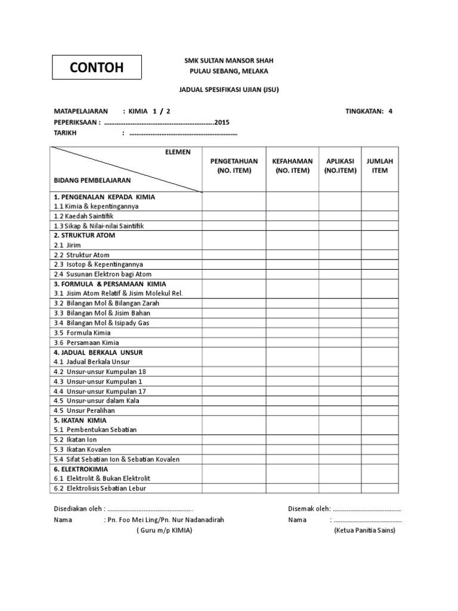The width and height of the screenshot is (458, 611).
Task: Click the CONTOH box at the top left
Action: click(97, 67)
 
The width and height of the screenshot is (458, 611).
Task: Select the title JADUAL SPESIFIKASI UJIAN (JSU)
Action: click(230, 91)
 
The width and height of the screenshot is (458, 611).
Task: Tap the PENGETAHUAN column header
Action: click(234, 166)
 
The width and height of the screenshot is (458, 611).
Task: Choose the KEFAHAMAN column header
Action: click(292, 166)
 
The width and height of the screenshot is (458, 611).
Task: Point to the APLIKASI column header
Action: click(340, 166)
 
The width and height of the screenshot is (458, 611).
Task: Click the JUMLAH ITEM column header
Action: click(380, 166)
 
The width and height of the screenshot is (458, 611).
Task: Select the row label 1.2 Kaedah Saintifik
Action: click(83, 216)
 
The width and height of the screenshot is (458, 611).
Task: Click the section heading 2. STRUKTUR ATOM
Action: click(84, 235)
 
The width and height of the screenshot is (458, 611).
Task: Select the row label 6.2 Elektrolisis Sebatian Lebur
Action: click(100, 488)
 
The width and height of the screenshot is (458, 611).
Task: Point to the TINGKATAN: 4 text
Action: click(369, 111)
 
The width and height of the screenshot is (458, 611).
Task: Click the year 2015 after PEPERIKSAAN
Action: click(221, 122)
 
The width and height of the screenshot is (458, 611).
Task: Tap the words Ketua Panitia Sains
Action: click(364, 530)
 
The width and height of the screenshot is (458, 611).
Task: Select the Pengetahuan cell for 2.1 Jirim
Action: click(234, 245)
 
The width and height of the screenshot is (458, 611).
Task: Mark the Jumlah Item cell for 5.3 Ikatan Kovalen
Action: click(380, 449)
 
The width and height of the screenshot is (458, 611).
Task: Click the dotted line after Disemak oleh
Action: click(367, 510)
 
